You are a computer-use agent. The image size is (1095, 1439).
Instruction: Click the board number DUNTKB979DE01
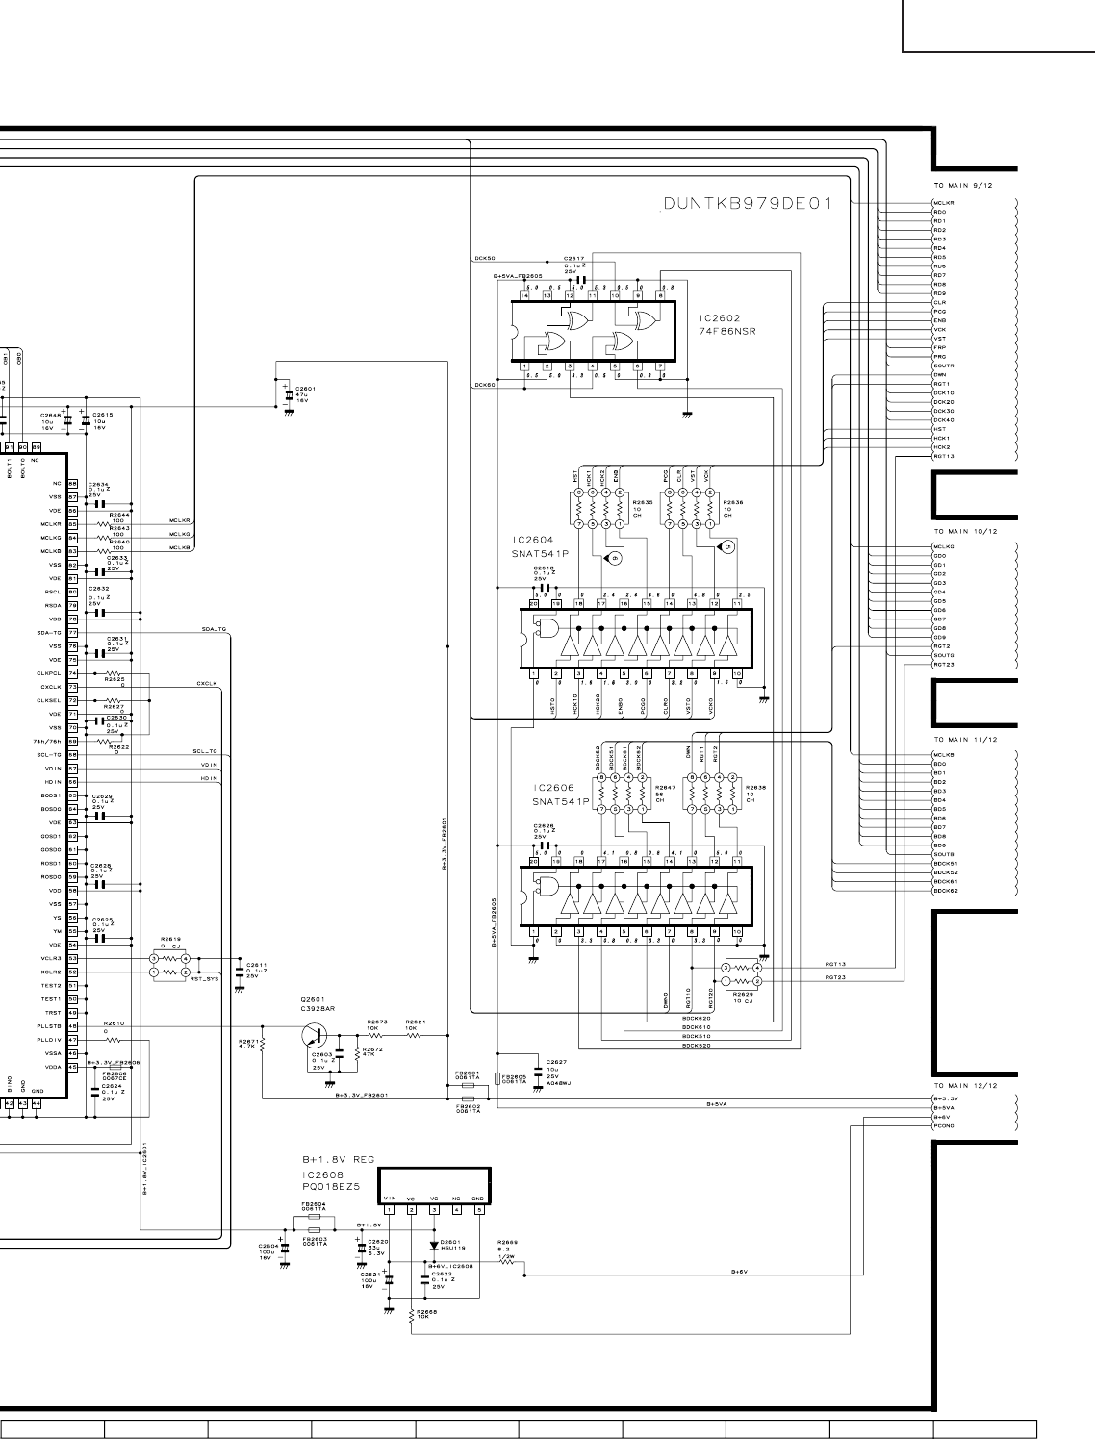747,204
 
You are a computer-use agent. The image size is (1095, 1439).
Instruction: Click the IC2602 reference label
720,317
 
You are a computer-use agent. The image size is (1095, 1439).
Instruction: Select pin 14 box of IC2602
524,295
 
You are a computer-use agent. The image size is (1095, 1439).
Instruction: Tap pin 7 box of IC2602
660,366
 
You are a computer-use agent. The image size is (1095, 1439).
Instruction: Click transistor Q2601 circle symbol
314,1035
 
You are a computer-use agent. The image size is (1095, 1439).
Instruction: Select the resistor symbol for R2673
376,1035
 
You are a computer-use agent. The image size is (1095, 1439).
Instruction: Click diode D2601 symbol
433,1246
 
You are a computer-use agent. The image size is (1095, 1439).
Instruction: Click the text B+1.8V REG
338,1160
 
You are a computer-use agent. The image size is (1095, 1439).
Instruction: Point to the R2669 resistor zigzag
507,1260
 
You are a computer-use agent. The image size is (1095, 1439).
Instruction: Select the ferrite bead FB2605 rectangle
497,1077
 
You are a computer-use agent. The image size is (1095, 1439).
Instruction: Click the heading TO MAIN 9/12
963,185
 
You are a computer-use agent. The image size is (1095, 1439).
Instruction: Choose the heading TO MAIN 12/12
965,1086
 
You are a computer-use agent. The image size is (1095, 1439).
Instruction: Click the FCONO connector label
944,1126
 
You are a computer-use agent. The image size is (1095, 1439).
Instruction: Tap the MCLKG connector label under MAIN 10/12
943,546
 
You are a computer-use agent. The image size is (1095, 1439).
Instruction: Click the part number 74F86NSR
727,330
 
